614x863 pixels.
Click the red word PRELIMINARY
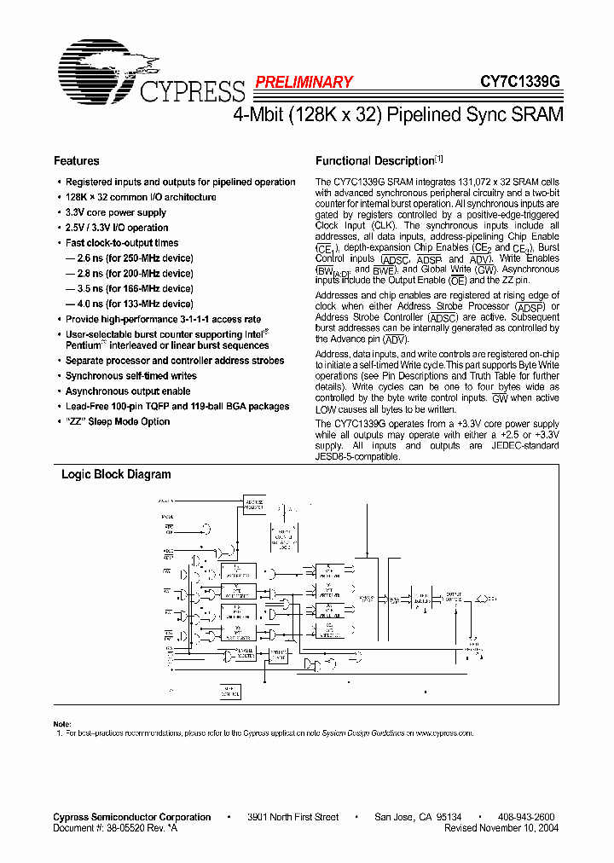click(x=303, y=82)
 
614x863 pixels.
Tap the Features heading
click(x=76, y=160)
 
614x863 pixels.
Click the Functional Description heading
click(x=375, y=160)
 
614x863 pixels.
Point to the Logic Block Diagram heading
click(x=116, y=474)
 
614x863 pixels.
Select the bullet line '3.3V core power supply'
click(x=116, y=212)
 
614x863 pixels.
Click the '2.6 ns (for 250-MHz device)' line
click(x=130, y=258)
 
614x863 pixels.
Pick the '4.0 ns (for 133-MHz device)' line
click(x=130, y=304)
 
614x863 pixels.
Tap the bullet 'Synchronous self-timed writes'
click(x=130, y=376)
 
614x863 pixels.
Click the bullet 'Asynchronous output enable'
click(x=128, y=391)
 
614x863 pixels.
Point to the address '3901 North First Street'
click(x=293, y=817)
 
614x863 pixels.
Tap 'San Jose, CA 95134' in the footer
click(x=418, y=817)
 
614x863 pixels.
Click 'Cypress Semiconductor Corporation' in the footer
click(x=132, y=817)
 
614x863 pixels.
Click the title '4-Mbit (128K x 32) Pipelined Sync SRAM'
click(x=397, y=115)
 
